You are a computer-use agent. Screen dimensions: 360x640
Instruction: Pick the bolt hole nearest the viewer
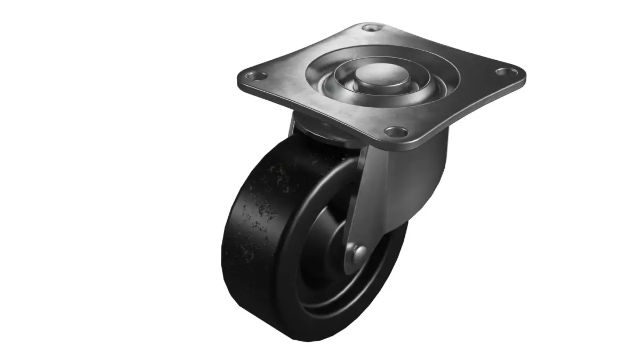click(x=395, y=131)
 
